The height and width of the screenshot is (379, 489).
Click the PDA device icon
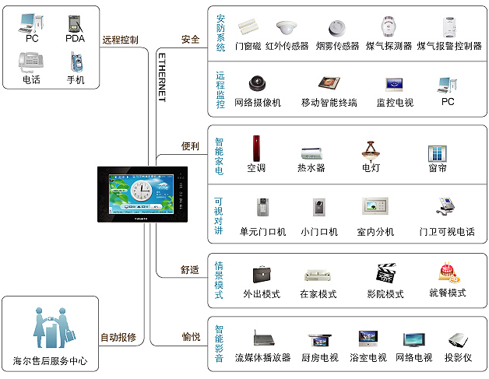(76, 24)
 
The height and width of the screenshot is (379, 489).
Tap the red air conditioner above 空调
(256, 149)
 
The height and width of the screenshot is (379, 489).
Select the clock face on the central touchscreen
(141, 191)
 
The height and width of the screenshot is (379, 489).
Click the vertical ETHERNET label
(162, 77)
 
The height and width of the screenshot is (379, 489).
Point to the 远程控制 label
(120, 40)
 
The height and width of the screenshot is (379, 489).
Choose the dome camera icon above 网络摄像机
(258, 83)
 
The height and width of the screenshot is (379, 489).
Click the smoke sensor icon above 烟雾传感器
(337, 28)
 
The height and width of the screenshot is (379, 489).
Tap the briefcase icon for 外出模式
(262, 274)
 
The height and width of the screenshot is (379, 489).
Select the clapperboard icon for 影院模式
(386, 273)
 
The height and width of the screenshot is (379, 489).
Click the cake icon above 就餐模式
(449, 272)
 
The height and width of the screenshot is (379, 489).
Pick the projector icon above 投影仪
(458, 340)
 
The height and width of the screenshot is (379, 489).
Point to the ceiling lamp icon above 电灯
(371, 152)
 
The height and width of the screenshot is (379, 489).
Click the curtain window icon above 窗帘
(438, 153)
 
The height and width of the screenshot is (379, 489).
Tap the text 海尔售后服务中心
(50, 361)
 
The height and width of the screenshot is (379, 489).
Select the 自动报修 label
(118, 337)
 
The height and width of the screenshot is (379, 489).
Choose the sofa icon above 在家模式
(318, 275)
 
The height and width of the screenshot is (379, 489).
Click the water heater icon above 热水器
(311, 153)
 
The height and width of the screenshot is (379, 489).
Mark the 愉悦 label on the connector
(191, 337)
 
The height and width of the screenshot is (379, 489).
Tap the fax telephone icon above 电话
(31, 61)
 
